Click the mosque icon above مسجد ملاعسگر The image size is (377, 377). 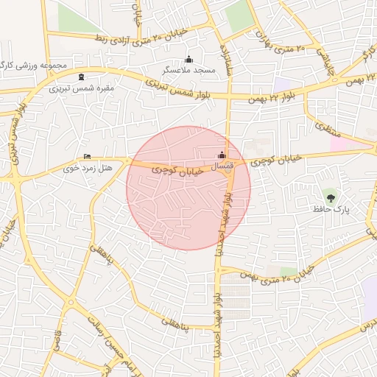189,60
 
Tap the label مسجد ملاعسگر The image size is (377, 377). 188,71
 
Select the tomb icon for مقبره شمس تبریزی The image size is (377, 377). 80,77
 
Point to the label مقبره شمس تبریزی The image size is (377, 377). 81,88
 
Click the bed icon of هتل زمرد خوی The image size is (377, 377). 88,156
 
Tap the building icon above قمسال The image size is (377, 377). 222,155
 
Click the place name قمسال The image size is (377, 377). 222,167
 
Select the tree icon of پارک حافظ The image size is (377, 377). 330,197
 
